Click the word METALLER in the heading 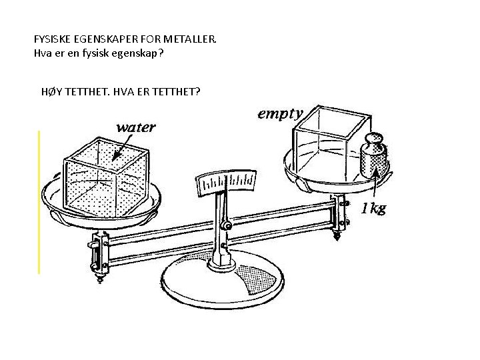pos(193,39)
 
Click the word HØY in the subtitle pos(51,91)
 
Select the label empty pos(280,114)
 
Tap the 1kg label pos(373,209)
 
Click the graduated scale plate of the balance pos(227,181)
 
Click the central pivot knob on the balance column pos(227,227)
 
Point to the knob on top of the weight pos(375,139)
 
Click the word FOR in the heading pos(159,39)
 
